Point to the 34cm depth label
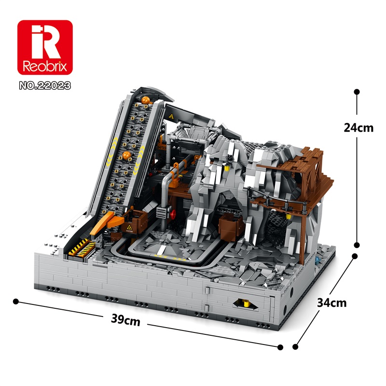[x=331, y=303]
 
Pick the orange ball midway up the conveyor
[x=127, y=155]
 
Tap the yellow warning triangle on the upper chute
[x=172, y=117]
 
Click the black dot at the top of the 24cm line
[x=357, y=91]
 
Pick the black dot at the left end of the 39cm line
[x=16, y=301]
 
